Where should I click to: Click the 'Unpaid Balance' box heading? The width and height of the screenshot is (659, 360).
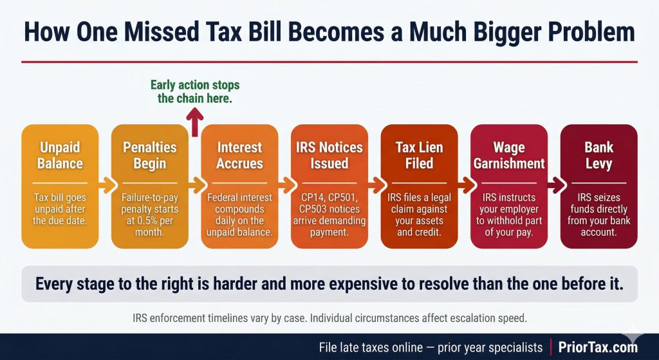point(60,155)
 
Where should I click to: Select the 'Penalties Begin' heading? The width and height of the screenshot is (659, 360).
point(150,155)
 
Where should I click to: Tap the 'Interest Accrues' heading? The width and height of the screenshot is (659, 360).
point(239,155)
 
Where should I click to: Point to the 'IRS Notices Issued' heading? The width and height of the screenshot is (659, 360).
point(329,155)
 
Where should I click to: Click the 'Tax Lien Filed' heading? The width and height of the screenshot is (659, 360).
point(419,155)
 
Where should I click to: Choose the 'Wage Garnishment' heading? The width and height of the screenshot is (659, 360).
point(509,155)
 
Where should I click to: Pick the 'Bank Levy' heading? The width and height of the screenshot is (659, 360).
point(599,155)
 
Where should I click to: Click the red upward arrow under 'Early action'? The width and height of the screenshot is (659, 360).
point(195,122)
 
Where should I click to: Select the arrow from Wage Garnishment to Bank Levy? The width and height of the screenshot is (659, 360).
point(554,187)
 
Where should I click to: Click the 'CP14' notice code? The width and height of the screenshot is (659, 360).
point(311,197)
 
